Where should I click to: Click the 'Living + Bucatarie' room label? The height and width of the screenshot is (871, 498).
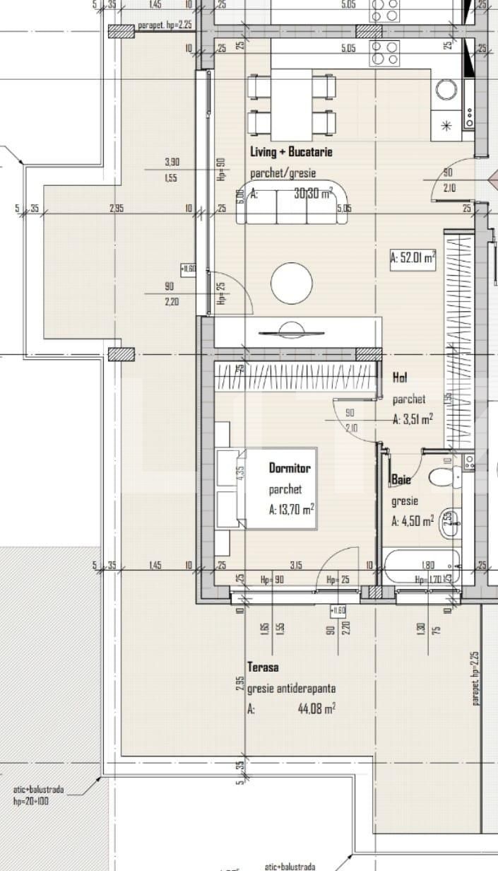click(x=291, y=152)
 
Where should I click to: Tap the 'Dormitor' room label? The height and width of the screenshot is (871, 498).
click(x=290, y=468)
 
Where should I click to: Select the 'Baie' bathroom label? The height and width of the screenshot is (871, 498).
click(x=401, y=481)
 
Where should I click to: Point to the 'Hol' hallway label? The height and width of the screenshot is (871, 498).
click(x=400, y=378)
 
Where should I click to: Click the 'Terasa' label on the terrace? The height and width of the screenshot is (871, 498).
click(x=263, y=667)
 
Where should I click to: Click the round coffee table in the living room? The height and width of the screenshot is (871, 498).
click(x=291, y=283)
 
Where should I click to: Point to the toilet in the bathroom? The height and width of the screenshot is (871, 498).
click(x=447, y=477)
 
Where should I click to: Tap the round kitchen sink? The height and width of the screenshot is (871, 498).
click(x=446, y=90)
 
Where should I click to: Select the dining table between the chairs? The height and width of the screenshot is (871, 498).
click(x=292, y=105)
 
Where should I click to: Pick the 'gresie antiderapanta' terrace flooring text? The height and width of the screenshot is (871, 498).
click(x=292, y=688)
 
